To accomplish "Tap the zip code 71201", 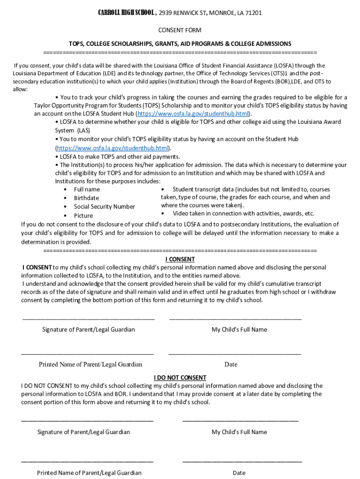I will click(x=252, y=13).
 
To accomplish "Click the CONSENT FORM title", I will click(x=180, y=30).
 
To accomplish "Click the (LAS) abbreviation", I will click(x=84, y=131).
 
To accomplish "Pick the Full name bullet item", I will click(x=86, y=189).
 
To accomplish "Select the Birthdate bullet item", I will click(x=86, y=198).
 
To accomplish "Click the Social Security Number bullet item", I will click(x=104, y=207).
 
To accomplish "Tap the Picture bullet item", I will click(x=83, y=216).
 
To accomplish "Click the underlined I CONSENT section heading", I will click(x=180, y=259).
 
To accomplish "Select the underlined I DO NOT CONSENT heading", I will click(x=180, y=377).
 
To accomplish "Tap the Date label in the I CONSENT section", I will click(x=230, y=364).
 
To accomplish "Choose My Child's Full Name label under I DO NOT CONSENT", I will click(x=239, y=432).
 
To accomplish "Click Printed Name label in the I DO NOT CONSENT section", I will click(x=89, y=473).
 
